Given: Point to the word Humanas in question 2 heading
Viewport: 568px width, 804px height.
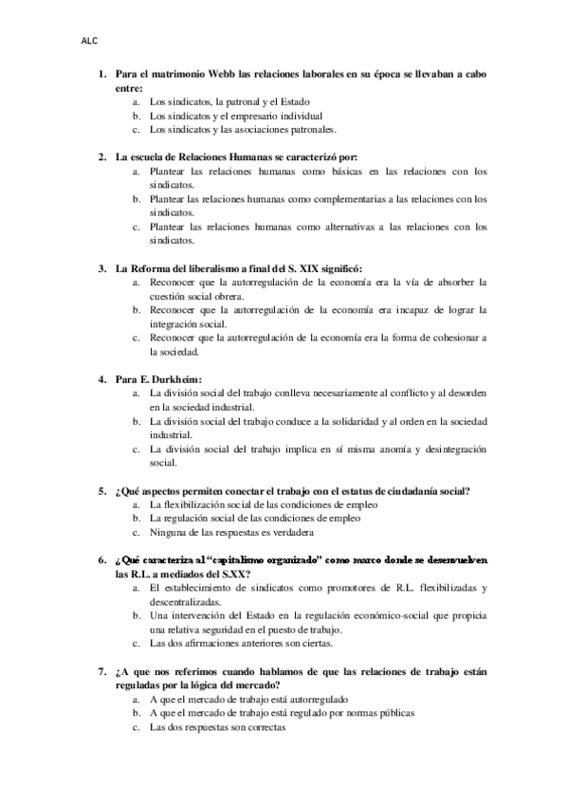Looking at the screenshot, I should coord(244,155).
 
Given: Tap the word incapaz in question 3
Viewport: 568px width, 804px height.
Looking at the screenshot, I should coord(434,310).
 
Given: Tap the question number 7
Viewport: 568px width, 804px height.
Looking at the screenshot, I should coord(102,645).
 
